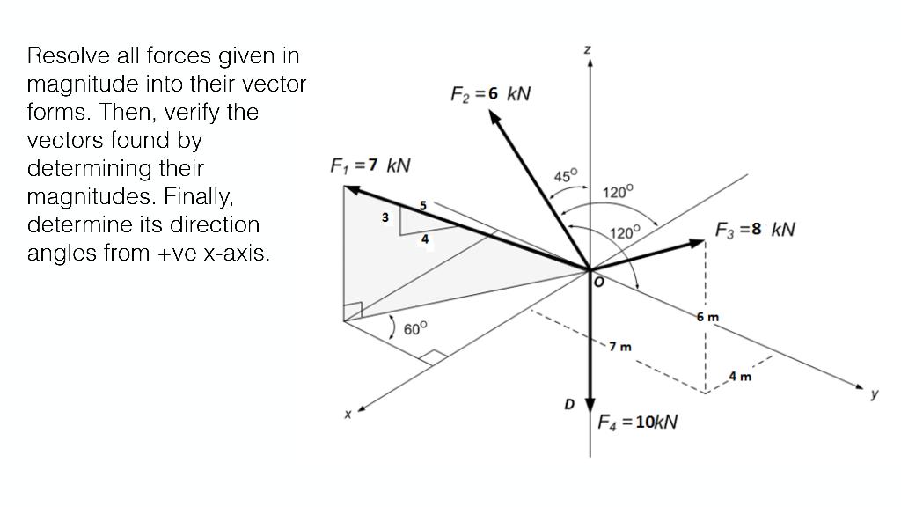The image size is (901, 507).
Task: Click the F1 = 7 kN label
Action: coord(370,165)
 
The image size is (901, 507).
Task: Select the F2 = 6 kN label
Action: coord(490,94)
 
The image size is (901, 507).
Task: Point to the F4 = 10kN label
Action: coord(637,422)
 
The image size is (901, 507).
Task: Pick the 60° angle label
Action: coord(415,328)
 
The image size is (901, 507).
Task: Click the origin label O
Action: coord(597,281)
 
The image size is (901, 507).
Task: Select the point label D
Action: coord(569,405)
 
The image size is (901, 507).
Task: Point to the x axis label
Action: coord(348,413)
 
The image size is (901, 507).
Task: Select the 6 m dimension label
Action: coord(707,316)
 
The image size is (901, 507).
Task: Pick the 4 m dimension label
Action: coord(741,377)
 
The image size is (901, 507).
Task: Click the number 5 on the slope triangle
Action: coord(423,205)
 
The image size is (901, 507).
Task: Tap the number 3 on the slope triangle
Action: coord(385,217)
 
